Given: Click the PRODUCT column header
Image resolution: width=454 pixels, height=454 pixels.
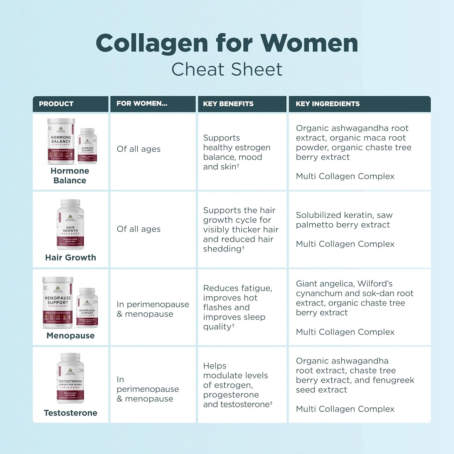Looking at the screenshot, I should (x=56, y=104).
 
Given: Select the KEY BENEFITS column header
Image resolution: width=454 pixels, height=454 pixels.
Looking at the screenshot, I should (x=228, y=104).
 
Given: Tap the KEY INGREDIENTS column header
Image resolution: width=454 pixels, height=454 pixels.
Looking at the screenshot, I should (x=327, y=104).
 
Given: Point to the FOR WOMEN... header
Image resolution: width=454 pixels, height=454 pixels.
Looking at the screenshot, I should (x=142, y=104).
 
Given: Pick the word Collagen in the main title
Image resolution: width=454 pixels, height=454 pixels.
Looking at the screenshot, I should (x=152, y=43).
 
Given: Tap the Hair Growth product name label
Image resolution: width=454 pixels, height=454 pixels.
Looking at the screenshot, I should (x=71, y=258).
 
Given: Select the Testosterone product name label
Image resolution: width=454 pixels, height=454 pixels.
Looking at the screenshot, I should (x=71, y=413).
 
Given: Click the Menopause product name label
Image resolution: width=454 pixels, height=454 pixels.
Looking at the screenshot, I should (x=71, y=336).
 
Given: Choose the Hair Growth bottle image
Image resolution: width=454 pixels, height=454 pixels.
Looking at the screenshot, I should (x=70, y=224).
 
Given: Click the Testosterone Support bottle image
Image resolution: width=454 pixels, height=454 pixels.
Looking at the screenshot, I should (x=70, y=378).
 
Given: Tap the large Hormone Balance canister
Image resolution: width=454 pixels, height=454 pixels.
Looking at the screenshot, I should (x=61, y=141).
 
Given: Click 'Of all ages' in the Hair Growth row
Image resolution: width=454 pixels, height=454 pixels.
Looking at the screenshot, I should (x=139, y=229).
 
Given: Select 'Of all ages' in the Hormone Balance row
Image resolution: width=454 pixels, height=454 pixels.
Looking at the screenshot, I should (x=139, y=149).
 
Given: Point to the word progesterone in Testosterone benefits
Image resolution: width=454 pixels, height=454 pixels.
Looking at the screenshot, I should (x=231, y=395).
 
